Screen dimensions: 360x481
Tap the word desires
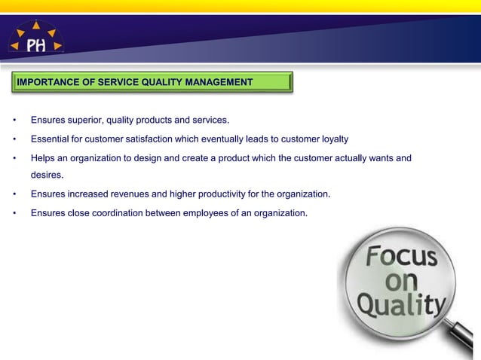(x=47, y=175)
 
